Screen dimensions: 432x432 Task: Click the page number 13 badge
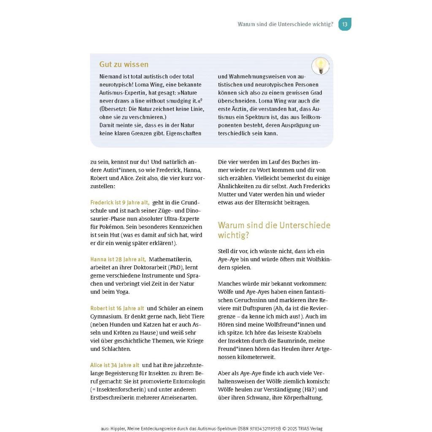345,24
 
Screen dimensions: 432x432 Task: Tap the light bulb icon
321,66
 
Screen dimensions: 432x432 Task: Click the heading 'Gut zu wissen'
124,65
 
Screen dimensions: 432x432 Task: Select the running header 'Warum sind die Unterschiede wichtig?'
285,24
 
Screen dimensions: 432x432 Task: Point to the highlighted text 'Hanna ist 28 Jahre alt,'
118,259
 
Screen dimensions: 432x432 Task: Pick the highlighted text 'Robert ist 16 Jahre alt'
117,308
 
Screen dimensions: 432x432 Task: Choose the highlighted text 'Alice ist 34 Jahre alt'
114,365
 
